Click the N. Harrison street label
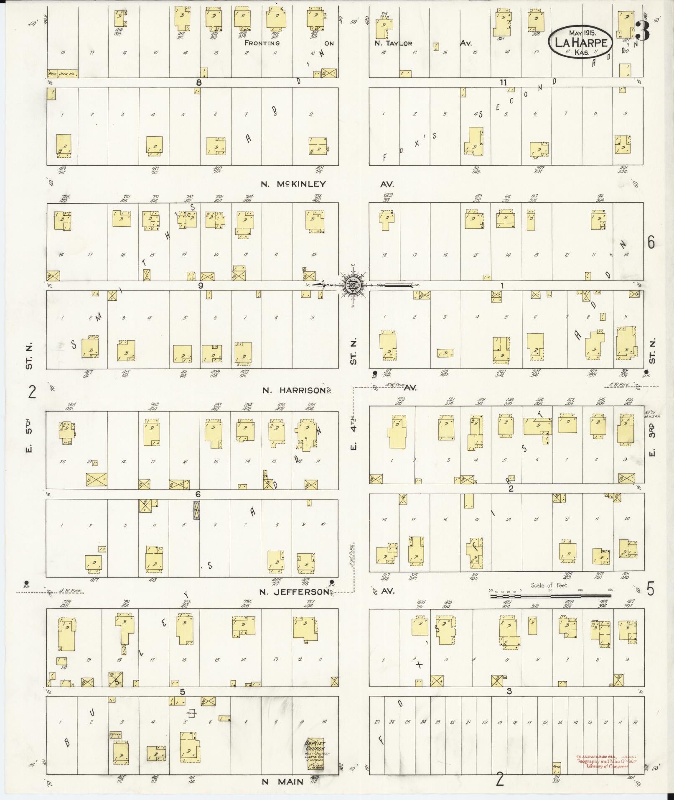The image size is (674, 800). tap(293, 390)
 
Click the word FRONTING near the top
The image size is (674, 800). tap(262, 43)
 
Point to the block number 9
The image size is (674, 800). tap(201, 286)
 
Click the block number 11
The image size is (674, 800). tap(504, 82)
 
